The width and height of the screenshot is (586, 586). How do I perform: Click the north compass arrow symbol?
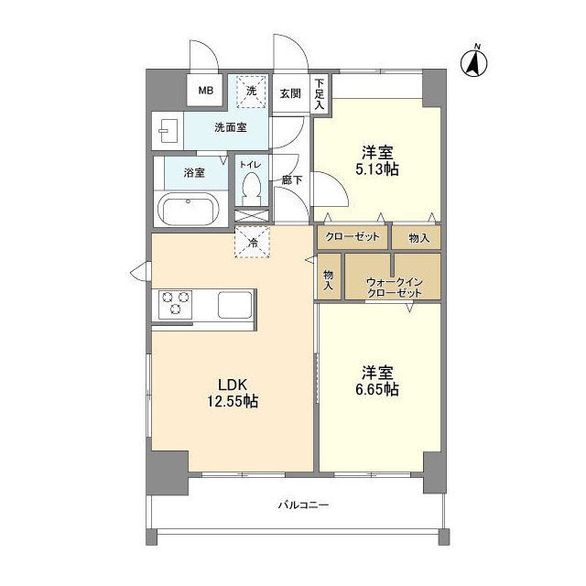coord(474,63)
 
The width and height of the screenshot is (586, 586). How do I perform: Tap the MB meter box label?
coord(205,91)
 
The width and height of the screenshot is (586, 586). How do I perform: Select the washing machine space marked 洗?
coord(251,91)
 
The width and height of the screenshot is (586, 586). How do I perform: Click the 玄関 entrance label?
coord(290,93)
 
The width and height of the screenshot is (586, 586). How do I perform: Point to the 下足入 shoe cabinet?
coord(320,93)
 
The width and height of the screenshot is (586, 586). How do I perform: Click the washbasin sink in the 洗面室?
coord(168,131)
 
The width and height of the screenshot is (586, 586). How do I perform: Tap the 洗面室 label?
coord(231,127)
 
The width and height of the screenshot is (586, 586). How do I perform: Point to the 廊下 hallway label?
coord(292,180)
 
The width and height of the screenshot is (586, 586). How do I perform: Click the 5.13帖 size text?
coord(376,169)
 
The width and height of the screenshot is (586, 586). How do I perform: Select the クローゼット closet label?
coord(353,236)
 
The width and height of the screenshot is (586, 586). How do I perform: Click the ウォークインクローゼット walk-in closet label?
coord(395,287)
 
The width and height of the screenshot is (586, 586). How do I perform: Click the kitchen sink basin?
coord(235,305)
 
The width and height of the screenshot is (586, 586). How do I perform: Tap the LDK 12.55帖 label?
coord(233,393)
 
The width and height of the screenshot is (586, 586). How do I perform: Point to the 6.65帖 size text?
coord(376,390)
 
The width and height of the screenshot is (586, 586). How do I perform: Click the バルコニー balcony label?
coord(303,505)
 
